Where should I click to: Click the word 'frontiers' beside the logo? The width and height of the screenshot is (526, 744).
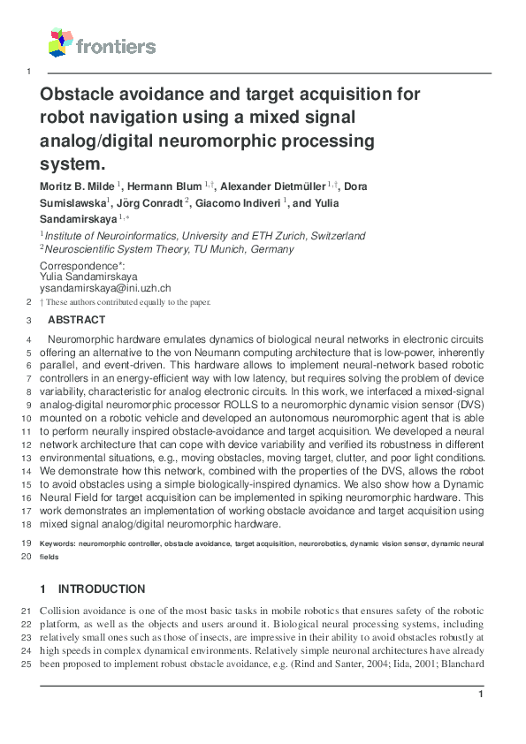pos(116,47)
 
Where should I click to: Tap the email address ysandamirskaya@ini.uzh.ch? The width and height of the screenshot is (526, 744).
pos(106,288)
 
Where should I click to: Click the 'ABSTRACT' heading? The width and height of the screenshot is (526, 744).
pos(76,320)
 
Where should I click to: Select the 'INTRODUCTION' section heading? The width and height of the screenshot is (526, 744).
pos(102,589)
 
